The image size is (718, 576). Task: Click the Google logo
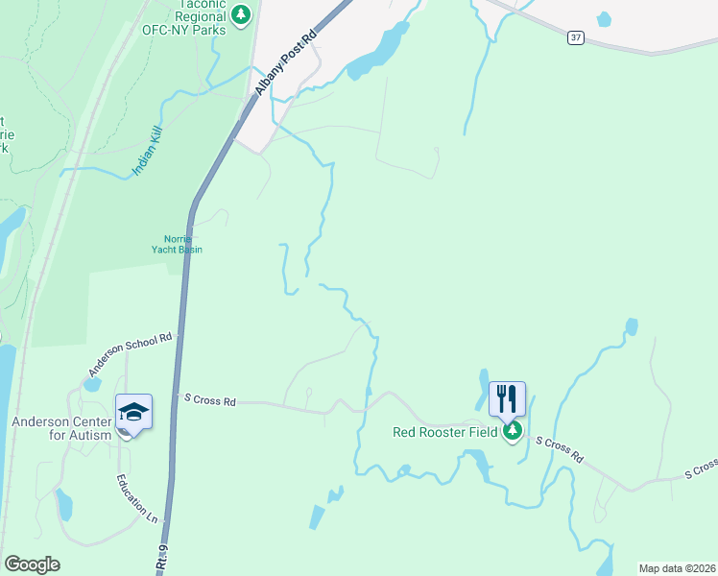click(x=32, y=564)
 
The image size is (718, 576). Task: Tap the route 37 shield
click(x=575, y=37)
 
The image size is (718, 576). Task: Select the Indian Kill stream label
click(x=148, y=154)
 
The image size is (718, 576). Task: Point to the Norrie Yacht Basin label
click(x=178, y=245)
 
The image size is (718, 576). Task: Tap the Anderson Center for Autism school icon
click(x=133, y=413)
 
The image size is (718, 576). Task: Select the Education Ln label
click(x=136, y=497)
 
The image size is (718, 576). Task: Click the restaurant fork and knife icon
click(x=507, y=397)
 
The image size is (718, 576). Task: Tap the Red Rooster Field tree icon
click(x=513, y=431)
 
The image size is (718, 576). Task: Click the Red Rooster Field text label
click(x=444, y=432)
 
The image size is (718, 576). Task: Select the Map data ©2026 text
click(x=678, y=568)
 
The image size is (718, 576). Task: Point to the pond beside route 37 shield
click(x=604, y=18)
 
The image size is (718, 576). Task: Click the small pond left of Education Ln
click(x=63, y=504)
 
